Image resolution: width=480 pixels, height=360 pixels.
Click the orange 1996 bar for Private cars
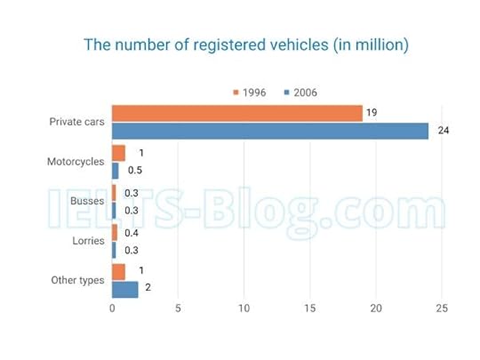pos(236,113)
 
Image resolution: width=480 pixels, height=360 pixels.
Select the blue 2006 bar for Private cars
pos(270,131)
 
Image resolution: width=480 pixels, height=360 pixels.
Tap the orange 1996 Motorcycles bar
pos(118,153)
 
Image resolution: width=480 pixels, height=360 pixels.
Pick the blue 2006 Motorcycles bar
pos(115,170)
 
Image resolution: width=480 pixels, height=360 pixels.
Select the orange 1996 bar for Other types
pos(118,271)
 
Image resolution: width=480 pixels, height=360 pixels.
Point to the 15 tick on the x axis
pos(309,308)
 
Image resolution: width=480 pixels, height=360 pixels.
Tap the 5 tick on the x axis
pos(178,308)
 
